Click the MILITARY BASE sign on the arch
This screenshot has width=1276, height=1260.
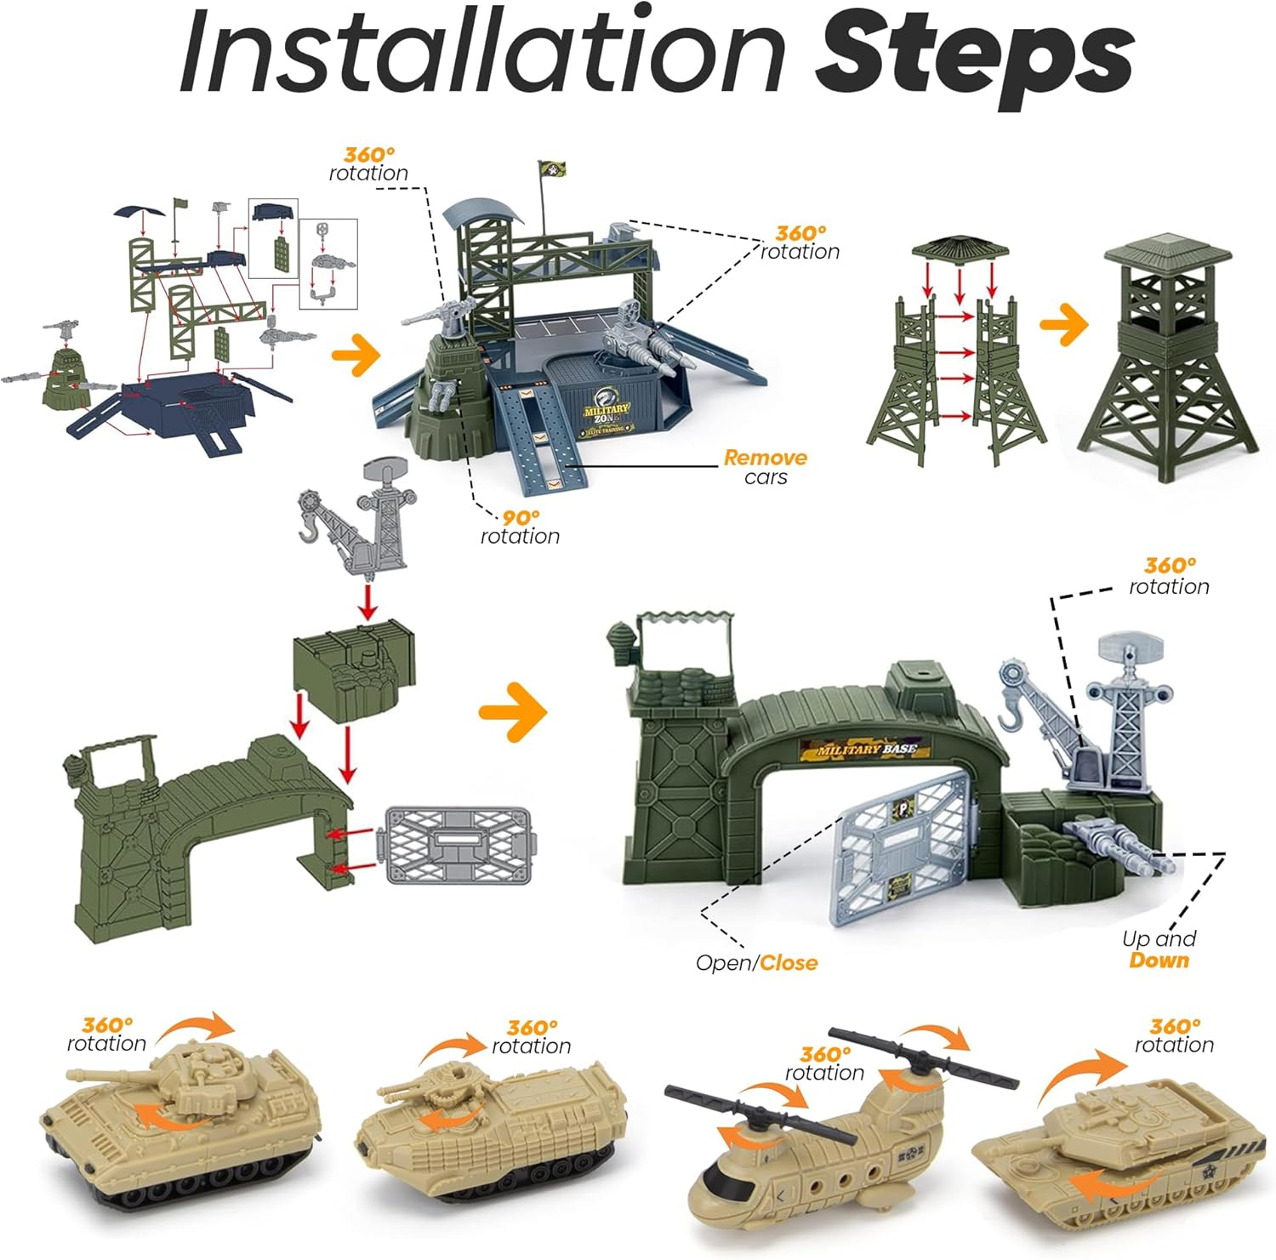[x=866, y=750]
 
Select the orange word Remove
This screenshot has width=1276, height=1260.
[x=765, y=458]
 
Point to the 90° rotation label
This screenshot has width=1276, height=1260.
[x=520, y=527]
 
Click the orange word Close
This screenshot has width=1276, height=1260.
[x=789, y=963]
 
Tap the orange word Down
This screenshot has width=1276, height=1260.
[x=1159, y=961]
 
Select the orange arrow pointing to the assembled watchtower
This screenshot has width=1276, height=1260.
[x=1064, y=325]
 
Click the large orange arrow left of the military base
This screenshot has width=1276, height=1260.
[x=513, y=711]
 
